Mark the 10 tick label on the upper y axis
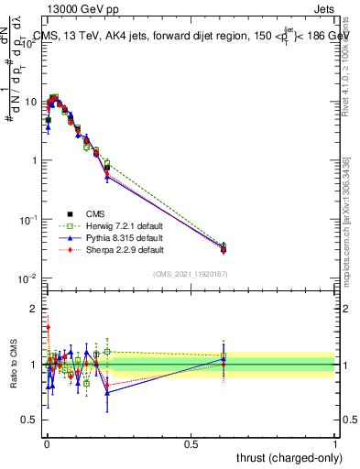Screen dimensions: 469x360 [x=31, y=102]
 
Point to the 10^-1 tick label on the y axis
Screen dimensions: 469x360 [x=29, y=220]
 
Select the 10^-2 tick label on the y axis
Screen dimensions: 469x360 [x=29, y=278]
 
